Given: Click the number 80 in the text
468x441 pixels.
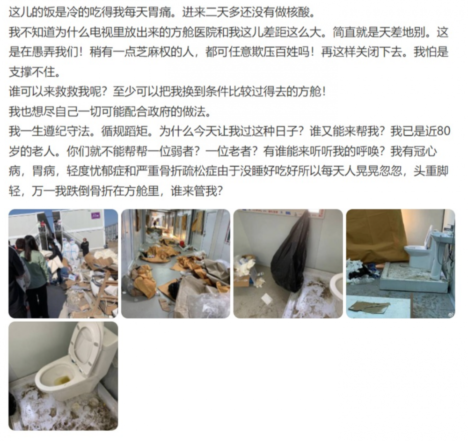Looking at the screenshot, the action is pos(444,132).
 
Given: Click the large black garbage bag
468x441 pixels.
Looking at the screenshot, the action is pos(291,254).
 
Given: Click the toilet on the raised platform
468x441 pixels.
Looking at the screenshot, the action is pos(417,256).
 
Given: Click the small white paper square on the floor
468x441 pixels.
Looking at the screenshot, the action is pos(266,298).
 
